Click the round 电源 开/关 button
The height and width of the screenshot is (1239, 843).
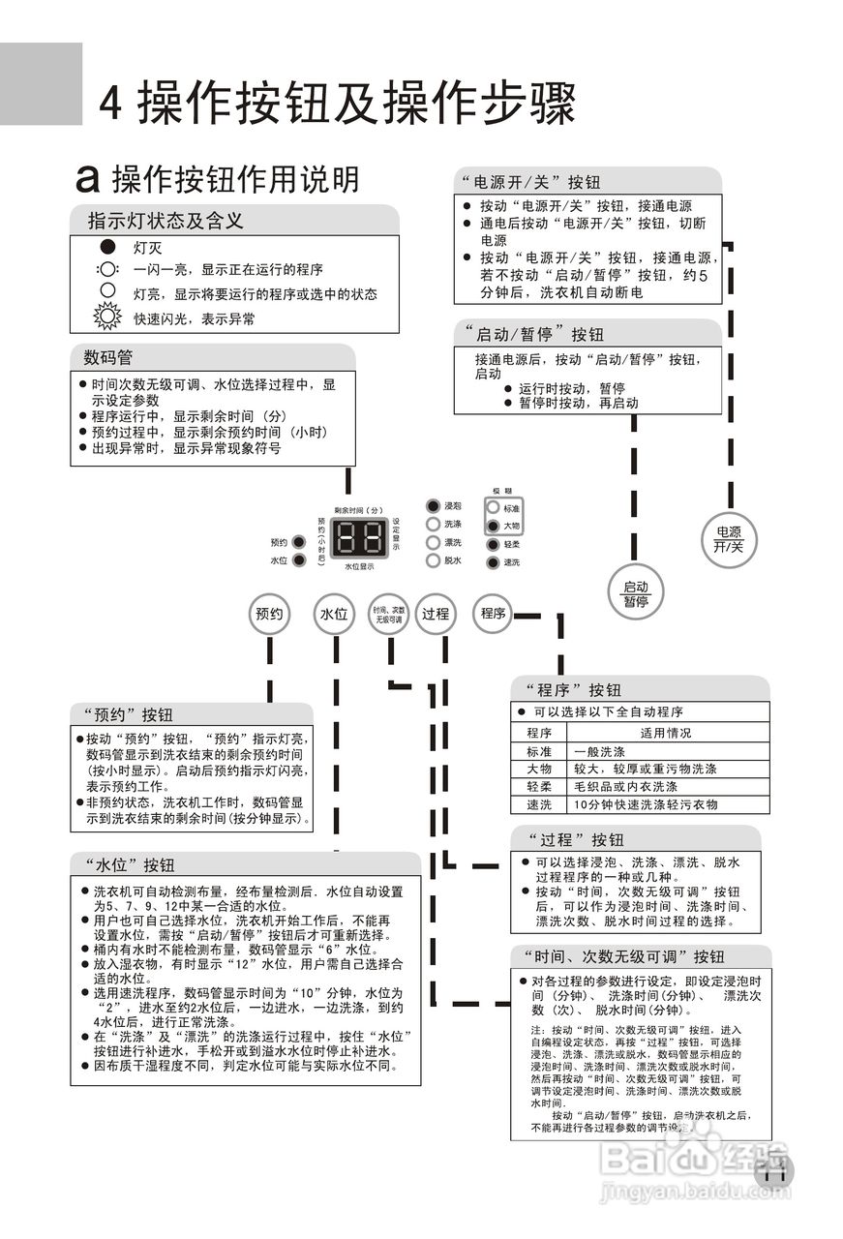(x=728, y=539)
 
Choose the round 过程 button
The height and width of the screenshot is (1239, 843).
(x=436, y=614)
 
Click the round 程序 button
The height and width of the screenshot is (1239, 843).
(x=494, y=613)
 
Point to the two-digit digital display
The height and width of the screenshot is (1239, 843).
(x=360, y=536)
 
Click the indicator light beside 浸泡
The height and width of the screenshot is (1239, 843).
(x=433, y=506)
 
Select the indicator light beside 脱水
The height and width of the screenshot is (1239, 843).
(x=433, y=560)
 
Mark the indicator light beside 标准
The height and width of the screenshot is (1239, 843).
(x=493, y=508)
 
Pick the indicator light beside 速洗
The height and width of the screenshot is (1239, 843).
(x=493, y=562)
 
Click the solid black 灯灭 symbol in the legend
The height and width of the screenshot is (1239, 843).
(x=107, y=248)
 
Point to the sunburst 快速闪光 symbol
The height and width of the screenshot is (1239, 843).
(x=106, y=317)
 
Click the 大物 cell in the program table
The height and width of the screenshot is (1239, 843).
(x=539, y=769)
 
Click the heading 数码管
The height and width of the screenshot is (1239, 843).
(x=108, y=357)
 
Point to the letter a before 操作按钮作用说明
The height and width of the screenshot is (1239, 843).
(x=89, y=178)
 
